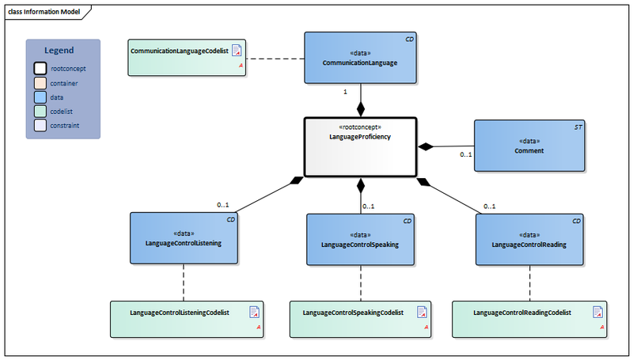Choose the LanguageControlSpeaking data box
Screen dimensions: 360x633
pos(361,240)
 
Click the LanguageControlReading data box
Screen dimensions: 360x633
pos(529,240)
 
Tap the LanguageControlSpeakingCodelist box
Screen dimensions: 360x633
pos(360,317)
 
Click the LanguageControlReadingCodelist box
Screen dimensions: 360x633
pos(529,317)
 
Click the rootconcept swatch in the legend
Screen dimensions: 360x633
pos(40,69)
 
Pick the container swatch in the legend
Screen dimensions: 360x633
pos(40,83)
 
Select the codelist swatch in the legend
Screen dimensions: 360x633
pos(40,112)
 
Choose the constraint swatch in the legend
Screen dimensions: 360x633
pos(40,126)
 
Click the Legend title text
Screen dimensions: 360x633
pos(63,51)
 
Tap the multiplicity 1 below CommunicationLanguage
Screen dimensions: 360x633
pos(345,93)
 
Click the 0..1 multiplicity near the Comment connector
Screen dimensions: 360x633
pos(466,154)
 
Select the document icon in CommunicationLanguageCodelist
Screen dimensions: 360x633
pos(237,51)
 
